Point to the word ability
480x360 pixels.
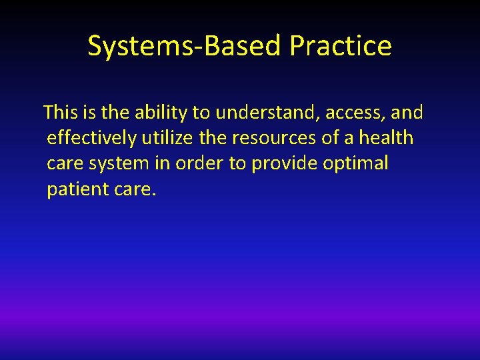[x=162, y=113]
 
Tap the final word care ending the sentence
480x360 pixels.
[x=134, y=190]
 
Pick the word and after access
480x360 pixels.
[x=407, y=113]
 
